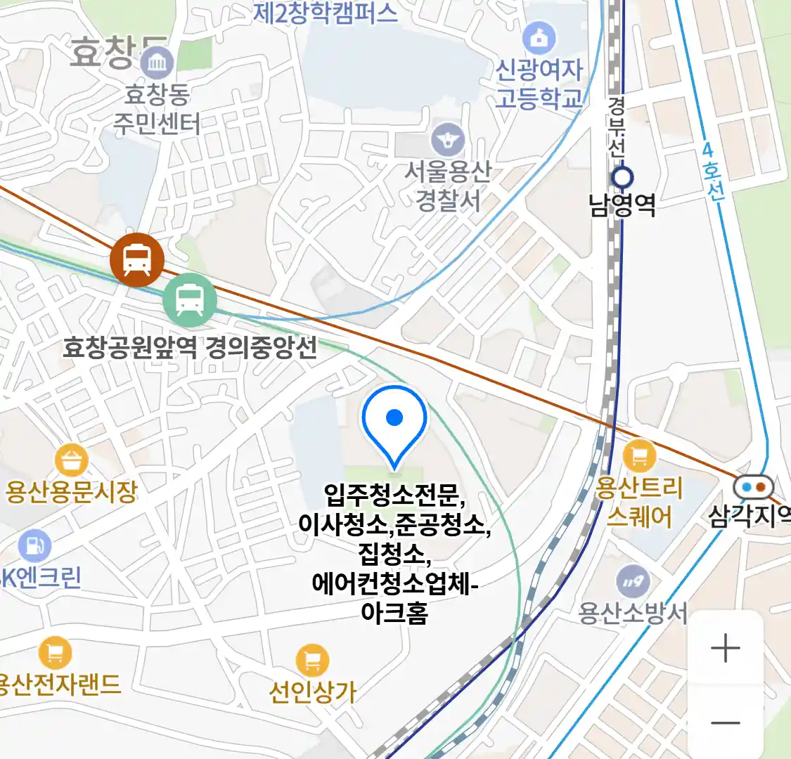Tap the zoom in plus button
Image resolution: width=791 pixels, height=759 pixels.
[725, 648]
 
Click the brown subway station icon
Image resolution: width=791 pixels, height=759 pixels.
[137, 259]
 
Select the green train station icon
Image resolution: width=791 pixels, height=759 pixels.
[190, 299]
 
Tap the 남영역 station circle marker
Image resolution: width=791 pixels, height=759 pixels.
[622, 176]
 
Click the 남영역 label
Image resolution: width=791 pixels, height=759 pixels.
[622, 205]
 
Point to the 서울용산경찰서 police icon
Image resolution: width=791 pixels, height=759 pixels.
[448, 139]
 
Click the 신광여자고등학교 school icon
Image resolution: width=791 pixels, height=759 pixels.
[539, 39]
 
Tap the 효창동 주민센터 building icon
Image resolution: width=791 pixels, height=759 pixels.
[157, 65]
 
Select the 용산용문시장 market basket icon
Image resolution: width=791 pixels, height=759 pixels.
[72, 461]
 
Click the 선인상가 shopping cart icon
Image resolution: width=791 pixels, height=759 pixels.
[312, 660]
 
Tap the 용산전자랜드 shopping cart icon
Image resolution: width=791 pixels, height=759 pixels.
[55, 653]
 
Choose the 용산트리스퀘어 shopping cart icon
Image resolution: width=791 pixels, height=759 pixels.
[639, 456]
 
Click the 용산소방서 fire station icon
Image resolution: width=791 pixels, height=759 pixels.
[633, 582]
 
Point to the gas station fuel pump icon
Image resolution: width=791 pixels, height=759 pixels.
[34, 545]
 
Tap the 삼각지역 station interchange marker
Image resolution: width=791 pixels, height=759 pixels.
[752, 486]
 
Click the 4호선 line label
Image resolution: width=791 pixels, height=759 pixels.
[712, 173]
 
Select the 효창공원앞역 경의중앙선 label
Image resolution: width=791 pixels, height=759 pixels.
[190, 347]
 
